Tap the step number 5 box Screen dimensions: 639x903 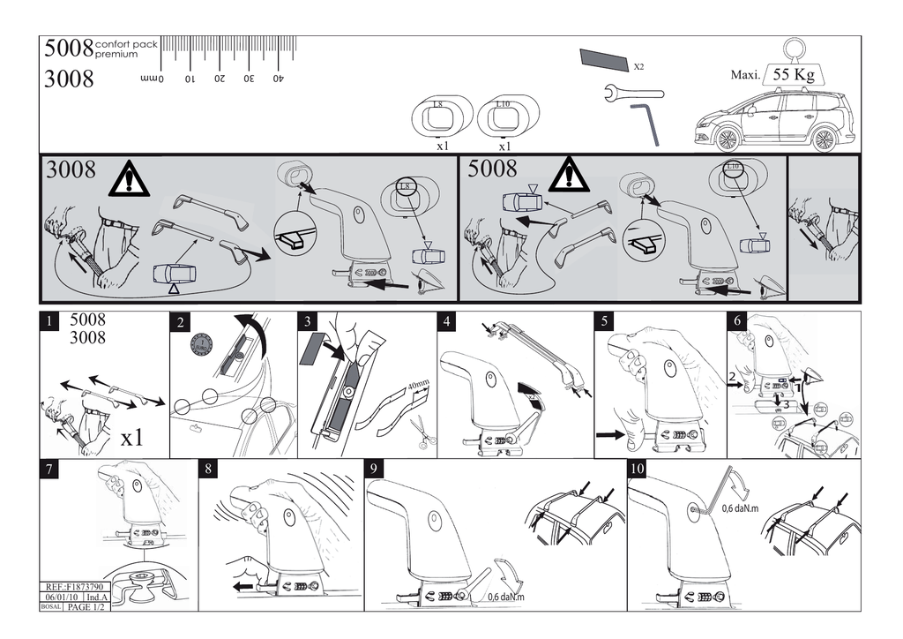tap(605, 322)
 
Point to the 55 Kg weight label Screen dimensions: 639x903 tap(793, 75)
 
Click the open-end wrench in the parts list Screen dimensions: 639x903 tap(633, 92)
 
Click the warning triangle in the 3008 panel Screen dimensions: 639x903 tap(129, 178)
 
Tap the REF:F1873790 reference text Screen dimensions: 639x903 tap(74, 587)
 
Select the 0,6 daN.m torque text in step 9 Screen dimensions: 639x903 tap(504, 598)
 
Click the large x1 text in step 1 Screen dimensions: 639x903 tap(132, 437)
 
